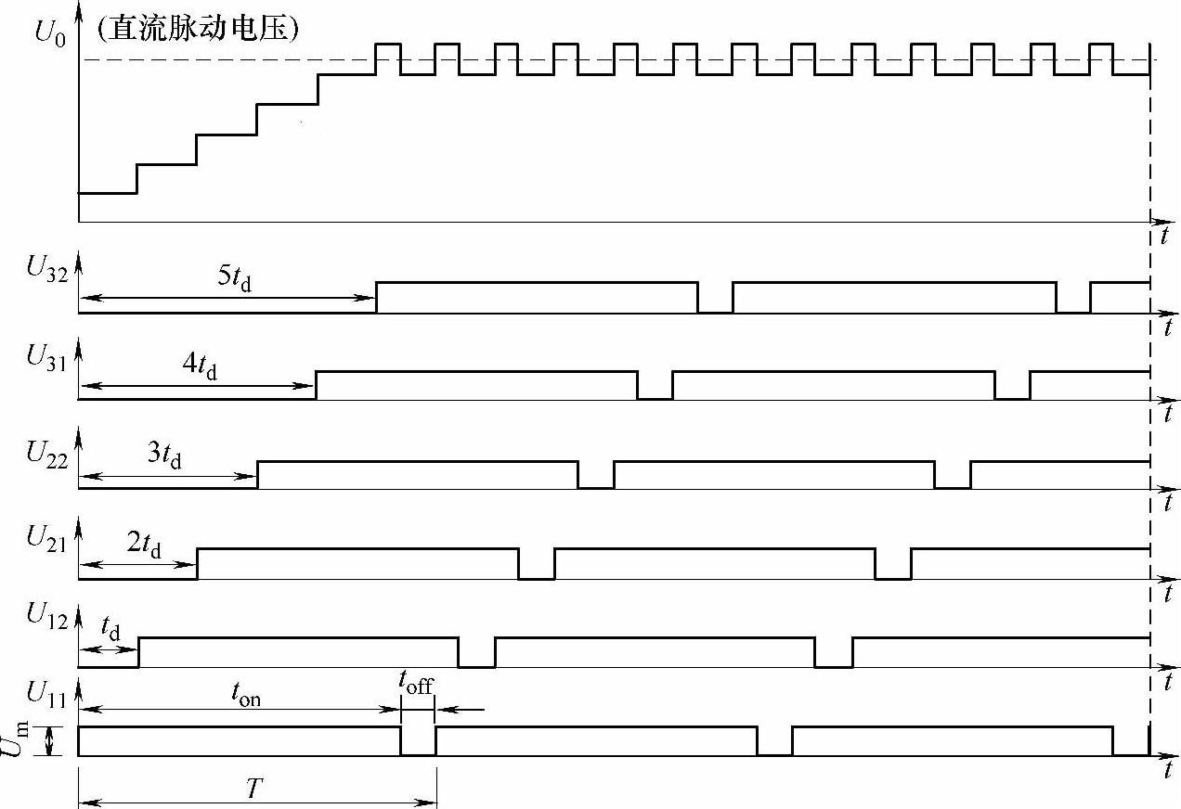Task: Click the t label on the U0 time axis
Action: pyautogui.click(x=1163, y=236)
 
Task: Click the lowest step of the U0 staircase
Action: pyautogui.click(x=108, y=193)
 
